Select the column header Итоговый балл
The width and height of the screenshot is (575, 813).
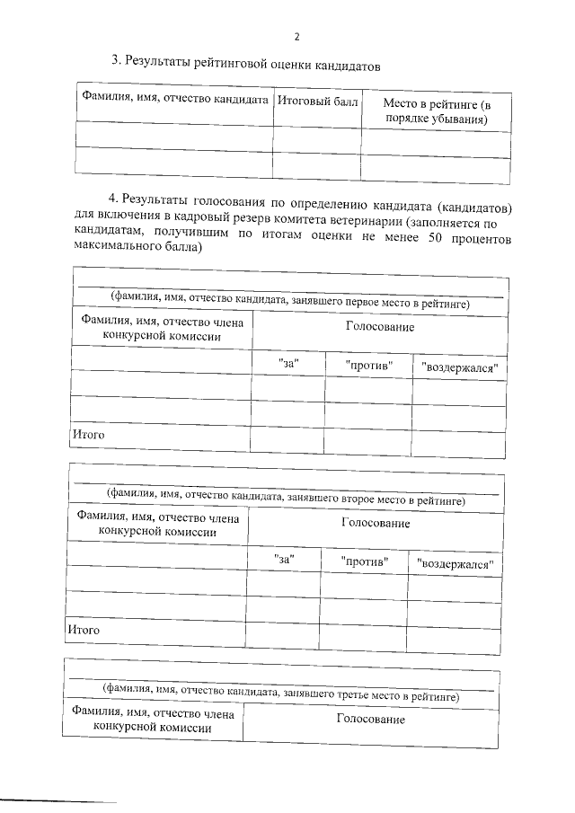click(317, 102)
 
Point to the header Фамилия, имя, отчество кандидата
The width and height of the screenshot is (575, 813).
click(175, 102)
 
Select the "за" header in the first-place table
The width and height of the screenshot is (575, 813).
click(288, 366)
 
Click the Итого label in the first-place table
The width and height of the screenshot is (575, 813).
click(88, 436)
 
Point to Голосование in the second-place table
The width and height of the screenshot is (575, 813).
click(376, 523)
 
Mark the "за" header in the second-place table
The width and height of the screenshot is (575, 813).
click(285, 559)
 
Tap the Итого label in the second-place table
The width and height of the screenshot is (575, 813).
click(84, 630)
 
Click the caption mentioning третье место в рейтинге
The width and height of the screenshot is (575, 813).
click(281, 694)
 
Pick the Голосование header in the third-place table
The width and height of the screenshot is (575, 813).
click(370, 720)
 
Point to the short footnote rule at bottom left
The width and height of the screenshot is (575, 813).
click(58, 800)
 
